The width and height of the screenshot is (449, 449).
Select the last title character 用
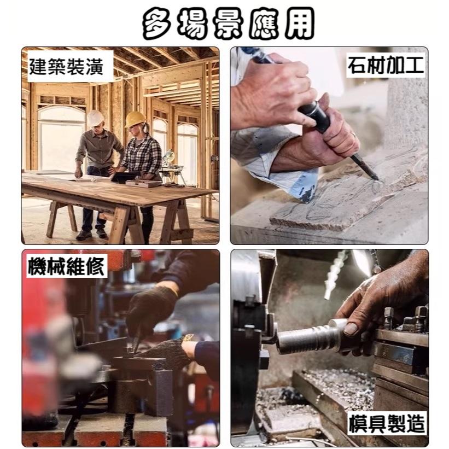[295, 24]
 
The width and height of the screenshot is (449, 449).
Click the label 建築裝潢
[71, 66]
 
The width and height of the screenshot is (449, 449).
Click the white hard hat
[95, 118]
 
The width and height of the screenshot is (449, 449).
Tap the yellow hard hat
[135, 119]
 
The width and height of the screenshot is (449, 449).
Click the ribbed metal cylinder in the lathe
[306, 339]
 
